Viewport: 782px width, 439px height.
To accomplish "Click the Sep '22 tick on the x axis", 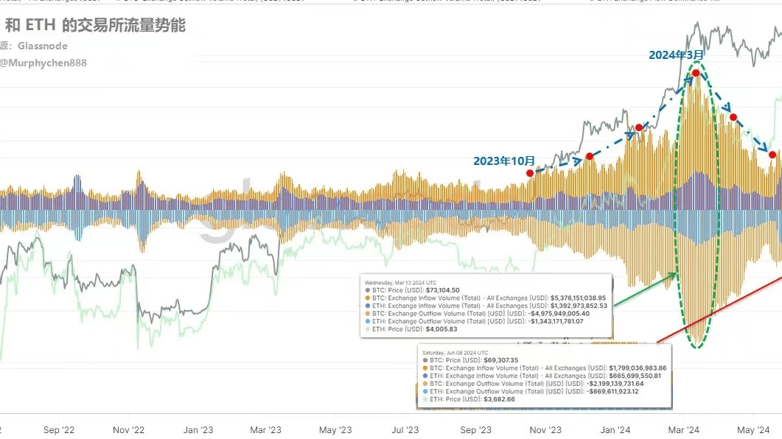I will [x=59, y=429].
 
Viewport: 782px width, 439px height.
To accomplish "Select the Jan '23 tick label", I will [x=198, y=429].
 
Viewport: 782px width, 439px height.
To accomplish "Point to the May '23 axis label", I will [x=335, y=429].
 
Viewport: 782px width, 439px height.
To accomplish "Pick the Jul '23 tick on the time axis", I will [x=404, y=429].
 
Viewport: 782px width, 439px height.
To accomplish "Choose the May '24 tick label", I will [x=754, y=429].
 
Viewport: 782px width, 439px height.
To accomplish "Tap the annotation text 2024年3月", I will [x=676, y=55].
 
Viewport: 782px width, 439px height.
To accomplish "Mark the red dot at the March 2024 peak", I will [x=695, y=74].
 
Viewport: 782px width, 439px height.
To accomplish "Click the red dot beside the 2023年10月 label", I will [x=530, y=172].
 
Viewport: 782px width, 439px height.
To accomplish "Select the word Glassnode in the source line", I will [x=43, y=46].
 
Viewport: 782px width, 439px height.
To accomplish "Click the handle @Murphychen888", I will [x=43, y=63].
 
